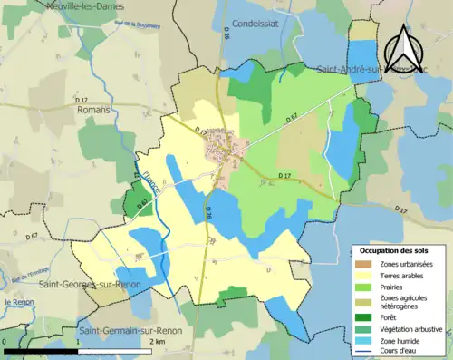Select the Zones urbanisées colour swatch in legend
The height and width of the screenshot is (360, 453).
[x=367, y=263]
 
